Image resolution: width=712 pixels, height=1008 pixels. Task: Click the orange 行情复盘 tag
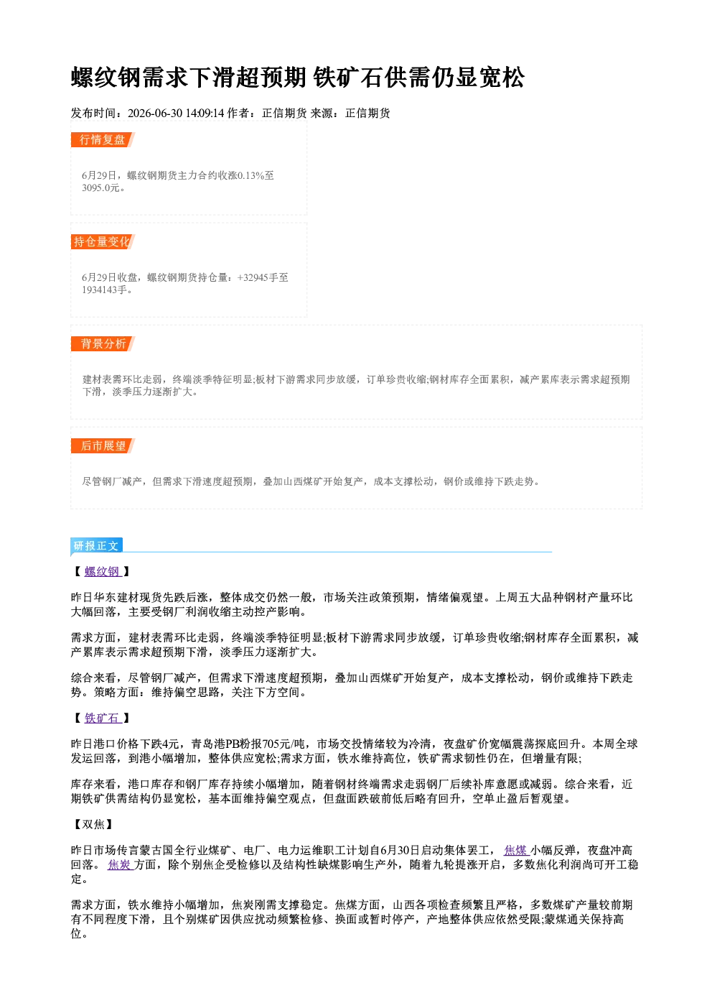[x=103, y=139]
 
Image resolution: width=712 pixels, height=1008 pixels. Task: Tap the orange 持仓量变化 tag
[x=103, y=241]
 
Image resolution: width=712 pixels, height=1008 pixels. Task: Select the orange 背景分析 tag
[x=103, y=344]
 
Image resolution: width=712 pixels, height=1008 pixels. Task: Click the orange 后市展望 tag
[x=103, y=446]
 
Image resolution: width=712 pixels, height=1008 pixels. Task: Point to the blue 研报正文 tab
[x=96, y=546]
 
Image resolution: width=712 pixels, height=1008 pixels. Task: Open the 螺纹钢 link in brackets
[x=102, y=571]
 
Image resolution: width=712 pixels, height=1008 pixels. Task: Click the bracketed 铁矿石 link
[x=102, y=718]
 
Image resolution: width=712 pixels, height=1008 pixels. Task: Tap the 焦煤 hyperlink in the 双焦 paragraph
[x=515, y=851]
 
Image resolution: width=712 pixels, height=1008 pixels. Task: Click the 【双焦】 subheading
[x=93, y=824]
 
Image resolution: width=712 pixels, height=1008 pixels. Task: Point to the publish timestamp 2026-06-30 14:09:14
[x=176, y=114]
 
